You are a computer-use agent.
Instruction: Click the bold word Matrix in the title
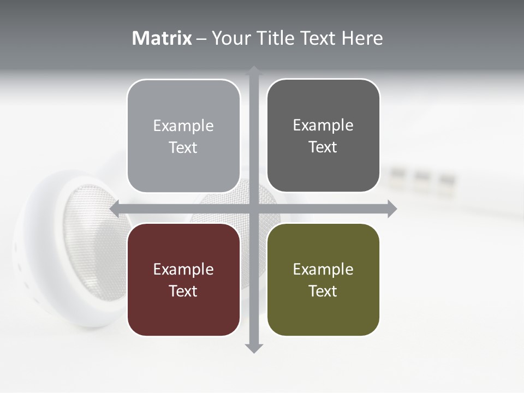point(162,38)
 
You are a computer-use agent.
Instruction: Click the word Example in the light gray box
point(183,126)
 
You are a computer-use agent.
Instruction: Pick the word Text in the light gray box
point(183,147)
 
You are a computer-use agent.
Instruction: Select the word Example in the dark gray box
point(323,126)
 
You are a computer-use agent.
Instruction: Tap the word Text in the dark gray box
point(323,147)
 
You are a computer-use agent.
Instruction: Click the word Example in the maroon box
point(183,270)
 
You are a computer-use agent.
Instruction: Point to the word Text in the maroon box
point(183,291)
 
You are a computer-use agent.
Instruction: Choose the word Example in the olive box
point(323,270)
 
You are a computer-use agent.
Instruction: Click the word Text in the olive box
point(323,291)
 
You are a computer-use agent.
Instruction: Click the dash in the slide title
point(202,39)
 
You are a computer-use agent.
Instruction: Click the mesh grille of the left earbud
point(87,240)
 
